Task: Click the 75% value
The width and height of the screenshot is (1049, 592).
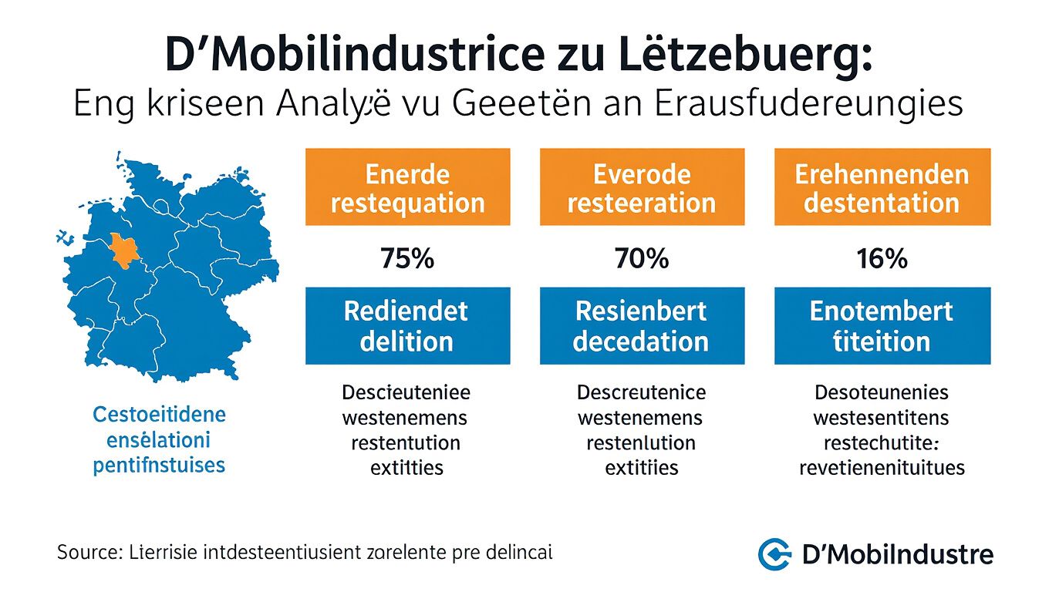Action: tap(407, 258)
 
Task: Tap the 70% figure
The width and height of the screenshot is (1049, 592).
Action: tap(642, 258)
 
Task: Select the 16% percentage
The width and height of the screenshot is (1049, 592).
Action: tap(882, 258)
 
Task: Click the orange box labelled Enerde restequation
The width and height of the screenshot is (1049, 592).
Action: tap(407, 187)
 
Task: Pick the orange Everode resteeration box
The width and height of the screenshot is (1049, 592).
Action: tap(642, 187)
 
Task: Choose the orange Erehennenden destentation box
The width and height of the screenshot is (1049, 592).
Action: tap(882, 187)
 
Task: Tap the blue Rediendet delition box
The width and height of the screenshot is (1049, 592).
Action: tap(407, 325)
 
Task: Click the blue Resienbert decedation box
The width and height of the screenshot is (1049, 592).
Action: tap(642, 325)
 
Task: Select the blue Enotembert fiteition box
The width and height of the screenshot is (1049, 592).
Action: tap(882, 325)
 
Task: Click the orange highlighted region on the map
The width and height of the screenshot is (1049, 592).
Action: tap(123, 250)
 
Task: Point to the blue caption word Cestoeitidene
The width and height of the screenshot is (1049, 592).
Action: tap(159, 415)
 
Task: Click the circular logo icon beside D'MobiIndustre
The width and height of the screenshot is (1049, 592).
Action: tap(774, 554)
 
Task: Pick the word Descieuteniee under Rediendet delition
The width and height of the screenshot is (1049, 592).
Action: tap(406, 392)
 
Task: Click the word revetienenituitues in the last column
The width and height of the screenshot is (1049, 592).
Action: tap(882, 467)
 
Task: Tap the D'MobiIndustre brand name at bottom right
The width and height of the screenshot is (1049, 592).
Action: tap(898, 554)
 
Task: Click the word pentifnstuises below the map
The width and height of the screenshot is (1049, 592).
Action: tap(159, 466)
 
